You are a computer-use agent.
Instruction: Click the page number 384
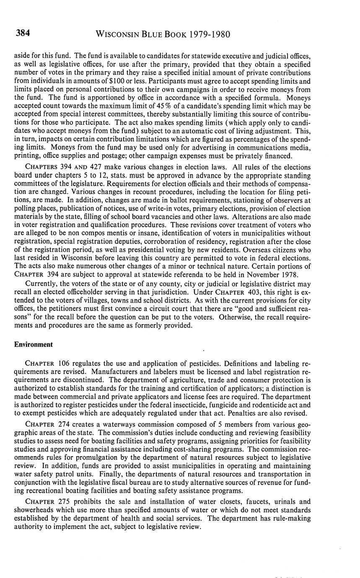[22, 34]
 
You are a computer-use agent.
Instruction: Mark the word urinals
[283, 501]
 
